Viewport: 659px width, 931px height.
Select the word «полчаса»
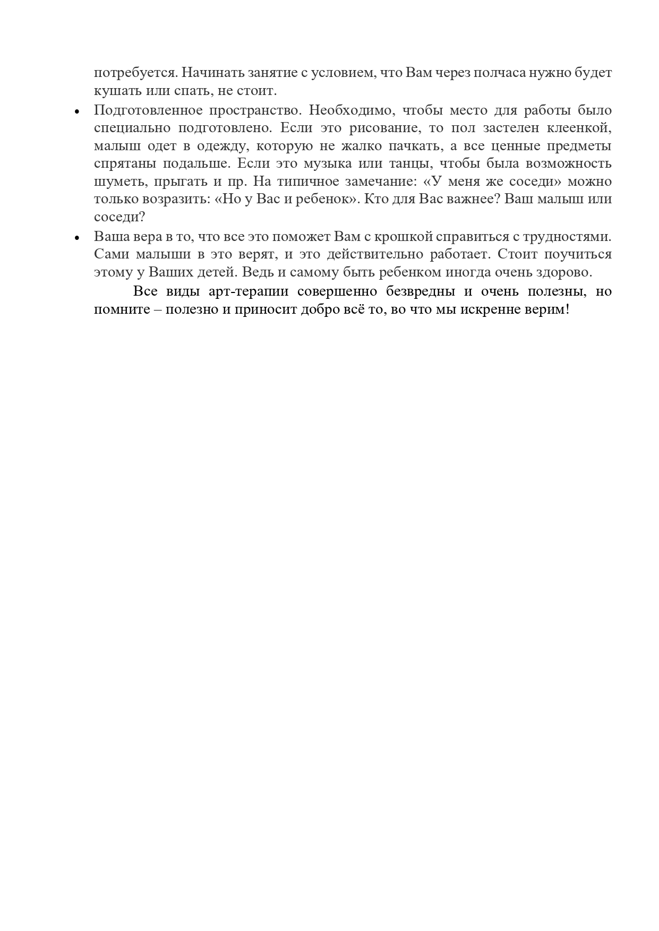(499, 73)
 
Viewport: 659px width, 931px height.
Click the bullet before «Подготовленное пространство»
(78, 112)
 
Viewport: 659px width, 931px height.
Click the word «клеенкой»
(579, 128)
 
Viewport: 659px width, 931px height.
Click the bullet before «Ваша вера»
(78, 238)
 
